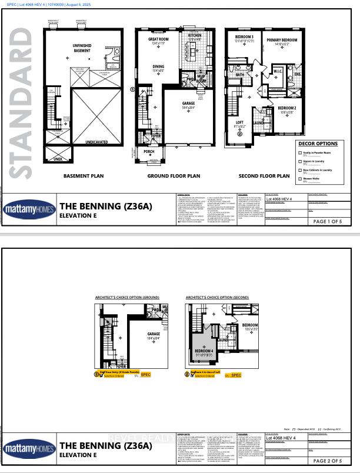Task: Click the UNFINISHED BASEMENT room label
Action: point(82,48)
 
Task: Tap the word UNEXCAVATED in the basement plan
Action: point(85,142)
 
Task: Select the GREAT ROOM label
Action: point(158,39)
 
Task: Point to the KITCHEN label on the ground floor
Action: point(195,36)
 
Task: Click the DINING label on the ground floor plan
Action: point(158,67)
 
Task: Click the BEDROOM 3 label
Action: point(236,36)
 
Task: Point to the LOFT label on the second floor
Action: point(239,122)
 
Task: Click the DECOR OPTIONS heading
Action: point(318,144)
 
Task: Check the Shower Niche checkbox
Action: point(300,178)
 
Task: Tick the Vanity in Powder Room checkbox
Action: point(300,152)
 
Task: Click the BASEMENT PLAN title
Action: point(84,175)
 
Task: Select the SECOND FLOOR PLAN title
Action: point(267,175)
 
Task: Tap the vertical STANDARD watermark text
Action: point(22,103)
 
